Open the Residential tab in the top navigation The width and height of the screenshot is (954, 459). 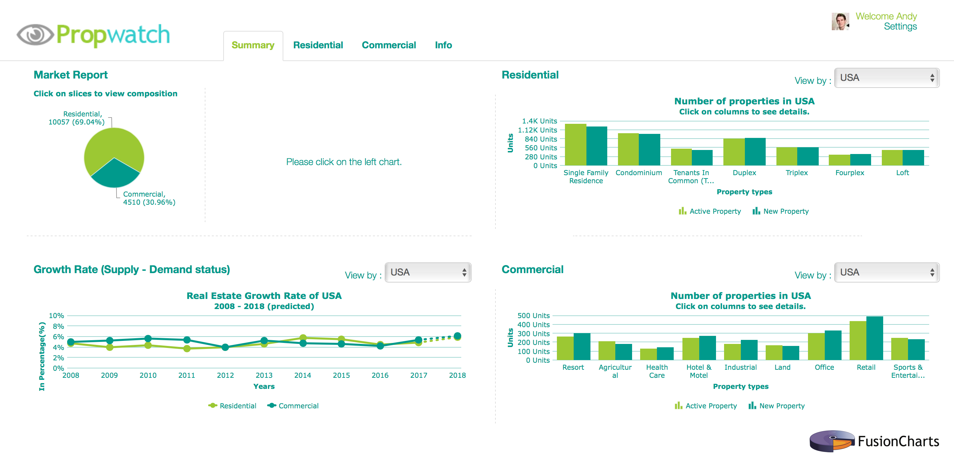318,45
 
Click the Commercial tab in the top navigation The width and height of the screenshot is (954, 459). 388,45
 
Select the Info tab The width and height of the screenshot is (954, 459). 443,45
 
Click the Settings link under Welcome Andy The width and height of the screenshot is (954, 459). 900,27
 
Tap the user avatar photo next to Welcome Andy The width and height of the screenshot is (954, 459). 840,21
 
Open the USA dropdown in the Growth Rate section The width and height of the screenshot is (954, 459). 428,272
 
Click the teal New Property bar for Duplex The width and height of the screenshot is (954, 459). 755,152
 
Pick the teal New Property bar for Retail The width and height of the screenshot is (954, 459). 874,338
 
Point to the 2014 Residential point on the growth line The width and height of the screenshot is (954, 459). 303,338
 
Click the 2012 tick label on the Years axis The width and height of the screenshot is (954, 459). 225,375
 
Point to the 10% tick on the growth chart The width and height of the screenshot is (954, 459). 56,316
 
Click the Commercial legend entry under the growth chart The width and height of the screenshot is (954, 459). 293,406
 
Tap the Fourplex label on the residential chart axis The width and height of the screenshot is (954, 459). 849,173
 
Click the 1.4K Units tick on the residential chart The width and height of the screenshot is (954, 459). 539,121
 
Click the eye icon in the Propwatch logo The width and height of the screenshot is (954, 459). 35,35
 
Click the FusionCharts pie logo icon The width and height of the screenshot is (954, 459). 832,441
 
